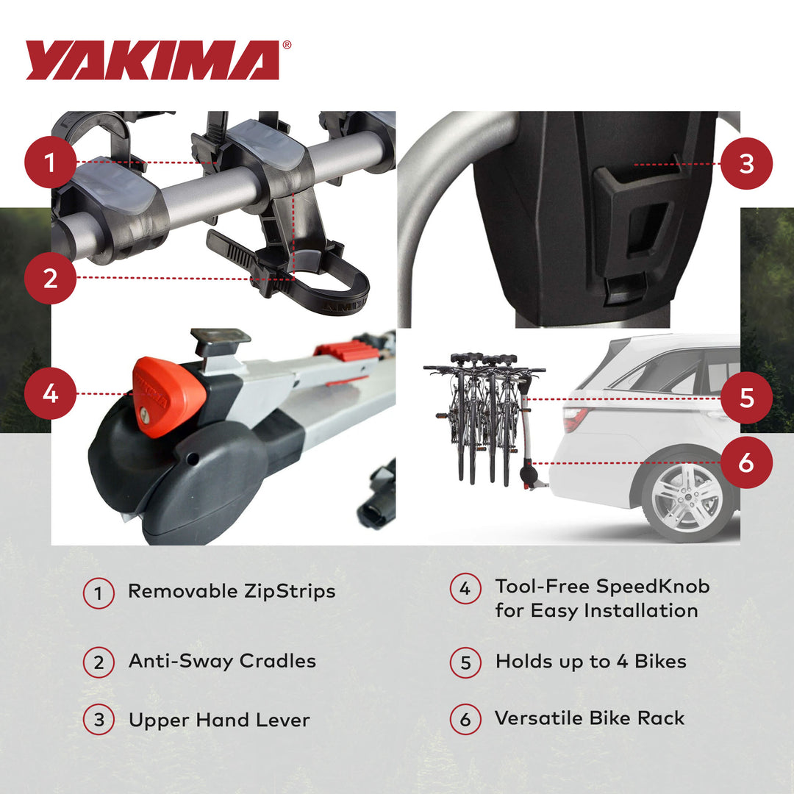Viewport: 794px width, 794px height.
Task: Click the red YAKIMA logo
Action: pos(153,60)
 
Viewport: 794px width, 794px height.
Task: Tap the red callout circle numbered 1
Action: pos(50,162)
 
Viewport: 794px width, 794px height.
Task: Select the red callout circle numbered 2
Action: pos(50,278)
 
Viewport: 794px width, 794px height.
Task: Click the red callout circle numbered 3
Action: pos(746,163)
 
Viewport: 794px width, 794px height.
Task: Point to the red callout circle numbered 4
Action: pos(50,393)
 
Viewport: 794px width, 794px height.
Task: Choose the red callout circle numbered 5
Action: pos(746,398)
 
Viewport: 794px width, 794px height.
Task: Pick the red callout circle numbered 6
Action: pos(746,462)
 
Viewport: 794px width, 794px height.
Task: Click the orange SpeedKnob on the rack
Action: pos(168,396)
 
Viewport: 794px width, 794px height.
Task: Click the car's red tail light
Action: pos(575,419)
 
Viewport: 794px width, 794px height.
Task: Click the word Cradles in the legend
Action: pos(278,661)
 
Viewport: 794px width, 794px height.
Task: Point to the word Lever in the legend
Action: pos(282,720)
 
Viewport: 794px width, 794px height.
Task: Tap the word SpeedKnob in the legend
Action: pos(653,587)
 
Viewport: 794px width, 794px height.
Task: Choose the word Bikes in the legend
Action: pos(651,661)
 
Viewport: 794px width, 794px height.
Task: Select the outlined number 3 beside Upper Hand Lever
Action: pos(99,720)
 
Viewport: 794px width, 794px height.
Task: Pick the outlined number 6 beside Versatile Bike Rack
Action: pos(465,719)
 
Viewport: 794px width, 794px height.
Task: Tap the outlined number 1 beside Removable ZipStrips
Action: pos(99,593)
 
